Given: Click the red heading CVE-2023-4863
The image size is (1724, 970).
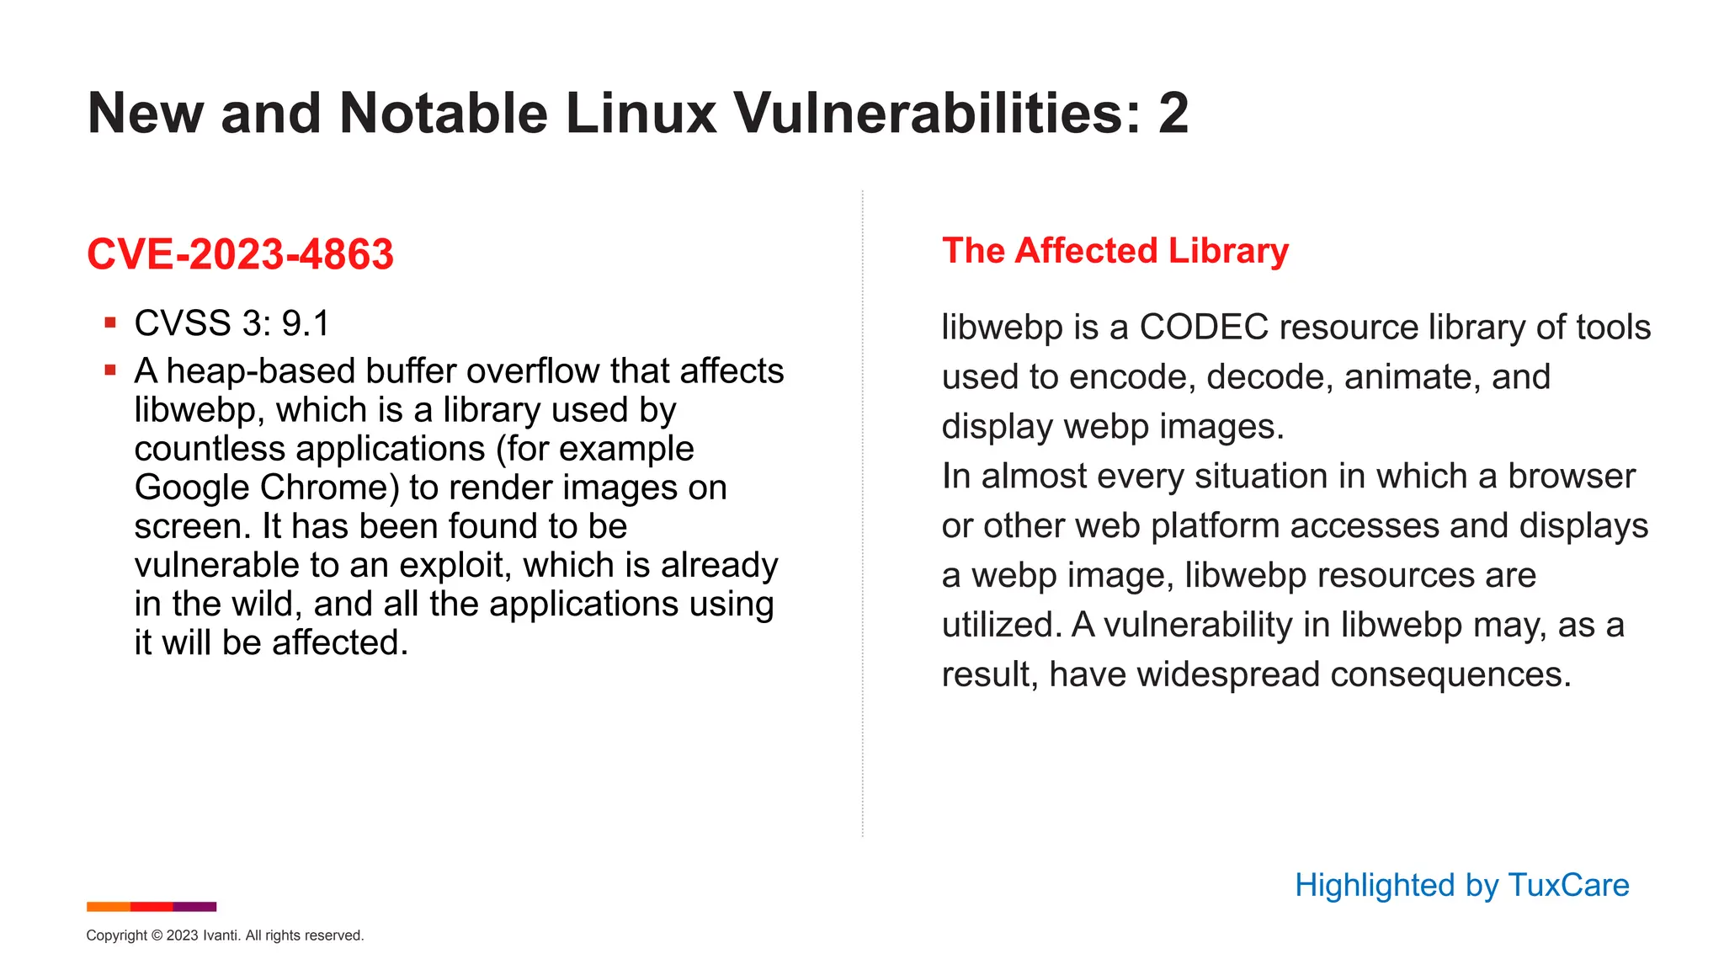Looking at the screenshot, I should (240, 254).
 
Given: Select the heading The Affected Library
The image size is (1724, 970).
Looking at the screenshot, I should (1115, 251).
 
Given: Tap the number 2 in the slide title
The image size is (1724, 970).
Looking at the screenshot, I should (1173, 113).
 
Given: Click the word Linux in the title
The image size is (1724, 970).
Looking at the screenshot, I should (641, 113).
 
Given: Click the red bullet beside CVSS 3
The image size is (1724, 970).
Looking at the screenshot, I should (110, 322).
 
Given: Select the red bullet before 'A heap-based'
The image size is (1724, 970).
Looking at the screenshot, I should (110, 370).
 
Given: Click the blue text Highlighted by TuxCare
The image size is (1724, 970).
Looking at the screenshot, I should (1461, 885).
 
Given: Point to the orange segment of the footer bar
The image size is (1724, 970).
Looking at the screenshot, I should (108, 907).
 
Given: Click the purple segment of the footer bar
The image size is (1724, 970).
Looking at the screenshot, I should (194, 907).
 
